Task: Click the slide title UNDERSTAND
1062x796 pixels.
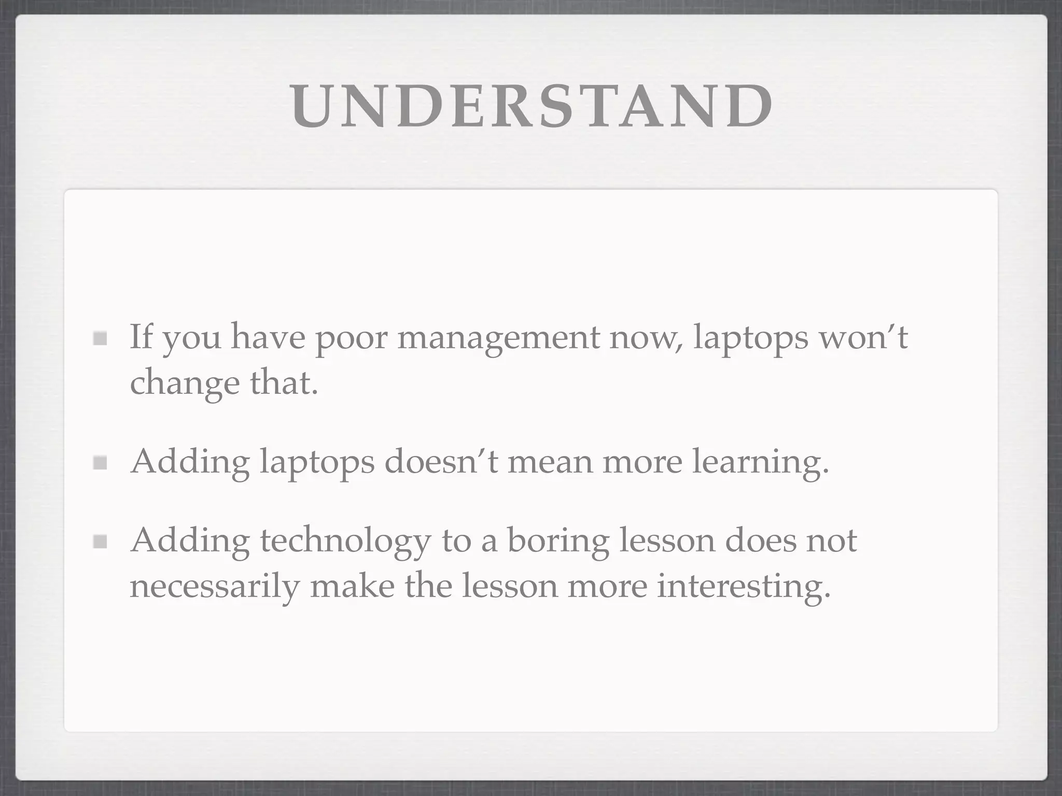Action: [531, 106]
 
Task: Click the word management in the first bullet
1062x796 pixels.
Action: [498, 338]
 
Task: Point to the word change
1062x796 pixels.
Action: [185, 383]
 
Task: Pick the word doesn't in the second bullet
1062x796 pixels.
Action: [441, 461]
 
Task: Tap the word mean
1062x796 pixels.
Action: [550, 461]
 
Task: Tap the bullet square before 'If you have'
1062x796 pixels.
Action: [100, 339]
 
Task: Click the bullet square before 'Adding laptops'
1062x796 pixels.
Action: [100, 462]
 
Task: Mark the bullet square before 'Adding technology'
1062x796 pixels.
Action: [100, 542]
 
